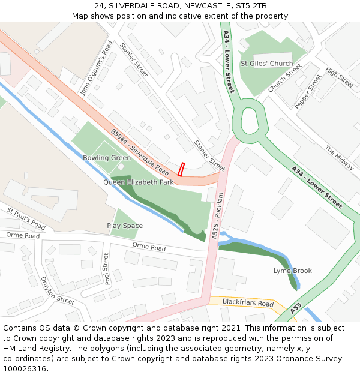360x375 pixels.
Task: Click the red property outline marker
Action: pyautogui.click(x=181, y=169)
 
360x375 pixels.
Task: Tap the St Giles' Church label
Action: pyautogui.click(x=266, y=64)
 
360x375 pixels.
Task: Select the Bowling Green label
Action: pyautogui.click(x=107, y=158)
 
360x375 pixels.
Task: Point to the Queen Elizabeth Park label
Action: pyautogui.click(x=138, y=182)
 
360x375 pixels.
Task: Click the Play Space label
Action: pyautogui.click(x=125, y=226)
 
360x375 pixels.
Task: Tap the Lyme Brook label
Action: pyautogui.click(x=293, y=271)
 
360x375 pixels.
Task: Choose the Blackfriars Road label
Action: pyautogui.click(x=248, y=303)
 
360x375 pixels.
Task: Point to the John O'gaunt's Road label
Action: pyautogui.click(x=96, y=68)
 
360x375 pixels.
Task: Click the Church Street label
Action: pyautogui.click(x=284, y=79)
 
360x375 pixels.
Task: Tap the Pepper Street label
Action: pyautogui.click(x=308, y=92)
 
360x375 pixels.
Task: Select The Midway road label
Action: pyautogui.click(x=340, y=158)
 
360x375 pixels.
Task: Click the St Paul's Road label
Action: pyautogui.click(x=26, y=219)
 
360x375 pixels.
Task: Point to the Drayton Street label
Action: pyautogui.click(x=58, y=290)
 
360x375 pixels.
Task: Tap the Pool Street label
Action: pyautogui.click(x=107, y=268)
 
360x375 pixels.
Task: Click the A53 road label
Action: pyautogui.click(x=296, y=309)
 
